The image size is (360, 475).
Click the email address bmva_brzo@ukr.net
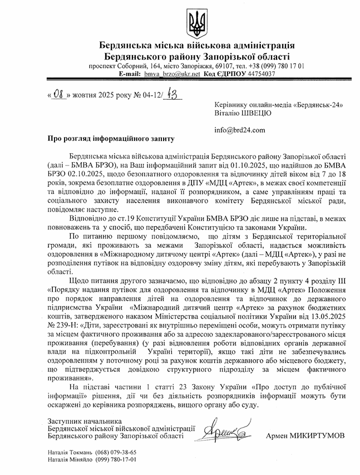[x=167, y=74]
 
